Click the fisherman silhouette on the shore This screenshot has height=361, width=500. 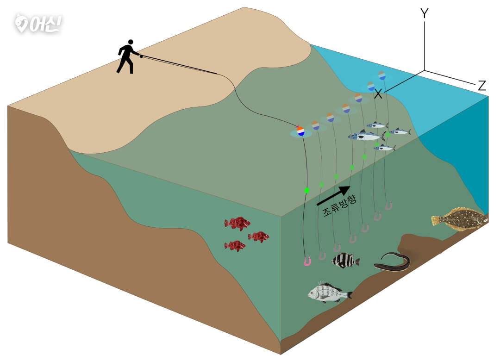pyautogui.click(x=128, y=57)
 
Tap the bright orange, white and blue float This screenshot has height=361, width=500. pyautogui.click(x=300, y=131)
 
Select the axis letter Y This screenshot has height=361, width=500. pyautogui.click(x=425, y=13)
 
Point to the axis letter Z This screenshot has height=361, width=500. pyautogui.click(x=482, y=86)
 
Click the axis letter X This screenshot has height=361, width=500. pyautogui.click(x=378, y=94)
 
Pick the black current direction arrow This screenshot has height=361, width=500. pyautogui.click(x=333, y=195)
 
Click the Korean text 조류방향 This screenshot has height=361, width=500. pyautogui.click(x=340, y=205)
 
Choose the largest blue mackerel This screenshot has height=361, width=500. pyautogui.click(x=366, y=136)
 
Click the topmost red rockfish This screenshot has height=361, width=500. pyautogui.click(x=237, y=223)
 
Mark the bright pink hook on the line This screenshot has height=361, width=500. pyautogui.click(x=307, y=261)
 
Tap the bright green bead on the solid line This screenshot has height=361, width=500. pyautogui.click(x=307, y=190)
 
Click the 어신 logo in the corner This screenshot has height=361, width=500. pyautogui.click(x=38, y=24)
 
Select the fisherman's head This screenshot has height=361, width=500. pyautogui.click(x=131, y=42)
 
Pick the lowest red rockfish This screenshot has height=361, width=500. pyautogui.click(x=235, y=245)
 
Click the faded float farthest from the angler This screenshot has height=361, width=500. pyautogui.click(x=381, y=75)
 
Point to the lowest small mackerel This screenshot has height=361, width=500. pyautogui.click(x=385, y=147)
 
